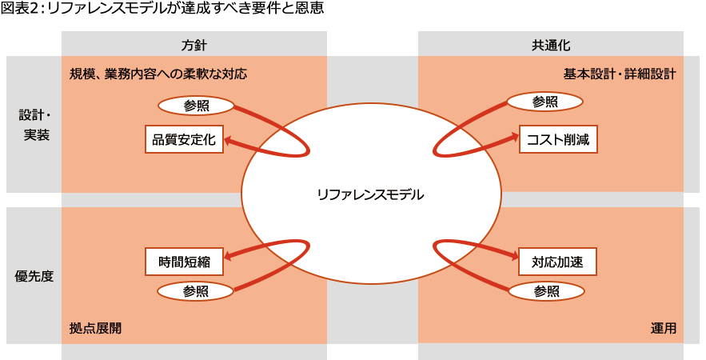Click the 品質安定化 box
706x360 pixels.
point(184,140)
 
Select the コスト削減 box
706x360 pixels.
point(557,140)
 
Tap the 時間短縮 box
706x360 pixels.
point(184,261)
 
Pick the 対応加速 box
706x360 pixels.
point(557,261)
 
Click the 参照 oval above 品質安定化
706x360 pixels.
point(196,106)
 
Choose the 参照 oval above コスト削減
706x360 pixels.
point(545,102)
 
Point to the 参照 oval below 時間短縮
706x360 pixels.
point(196,291)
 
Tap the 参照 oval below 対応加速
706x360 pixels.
point(546,291)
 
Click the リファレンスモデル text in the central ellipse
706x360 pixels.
point(370,194)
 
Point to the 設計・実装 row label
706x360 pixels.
point(34,125)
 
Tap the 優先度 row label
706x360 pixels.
point(34,276)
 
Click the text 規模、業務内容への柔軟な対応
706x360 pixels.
point(158,74)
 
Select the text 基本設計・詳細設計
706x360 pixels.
point(620,74)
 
